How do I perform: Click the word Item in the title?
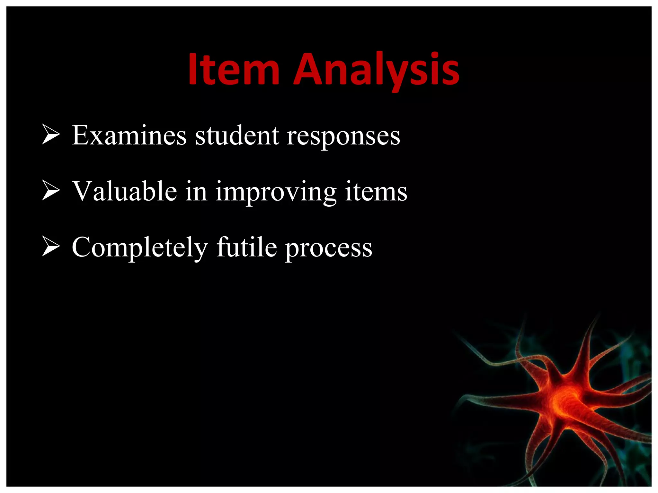tap(234, 70)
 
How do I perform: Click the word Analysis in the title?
tap(376, 70)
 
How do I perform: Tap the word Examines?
tap(129, 135)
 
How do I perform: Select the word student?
tap(237, 135)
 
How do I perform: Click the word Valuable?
tap(124, 192)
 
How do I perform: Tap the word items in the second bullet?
tap(376, 192)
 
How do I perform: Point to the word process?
tap(329, 249)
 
